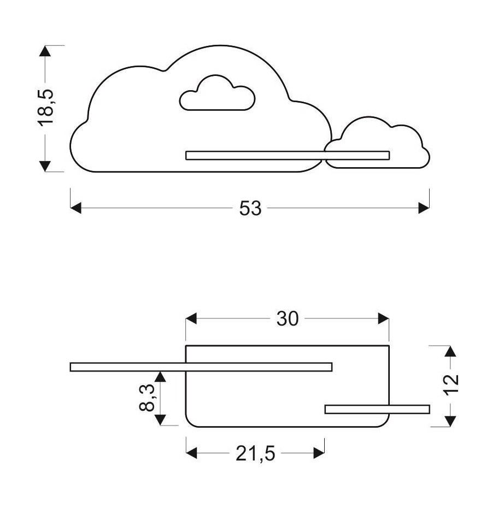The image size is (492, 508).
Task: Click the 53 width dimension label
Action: (250, 208)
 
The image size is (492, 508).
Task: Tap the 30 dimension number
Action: (288, 318)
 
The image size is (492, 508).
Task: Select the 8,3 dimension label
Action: (146, 398)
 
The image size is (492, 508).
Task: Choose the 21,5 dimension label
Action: (255, 453)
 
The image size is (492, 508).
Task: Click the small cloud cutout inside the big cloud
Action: (218, 96)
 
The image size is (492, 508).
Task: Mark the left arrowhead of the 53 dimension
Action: (76, 208)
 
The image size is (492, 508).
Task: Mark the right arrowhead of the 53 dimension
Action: (424, 208)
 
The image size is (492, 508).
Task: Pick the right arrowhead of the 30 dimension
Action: (383, 318)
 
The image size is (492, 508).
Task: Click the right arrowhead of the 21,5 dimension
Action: (319, 453)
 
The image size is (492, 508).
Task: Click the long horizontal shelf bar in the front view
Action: (287, 155)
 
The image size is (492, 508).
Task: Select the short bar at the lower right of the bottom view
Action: (377, 409)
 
